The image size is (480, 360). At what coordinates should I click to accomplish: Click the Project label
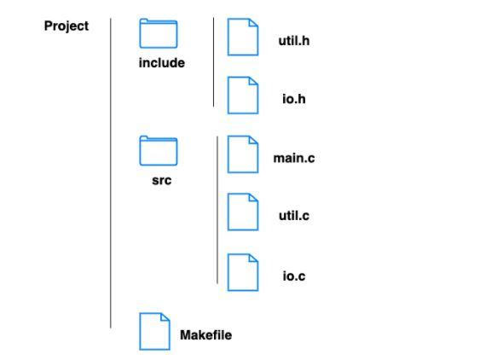[x=67, y=26]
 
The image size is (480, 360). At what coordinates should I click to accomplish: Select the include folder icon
[x=159, y=34]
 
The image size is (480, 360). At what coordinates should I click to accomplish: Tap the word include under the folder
[x=162, y=63]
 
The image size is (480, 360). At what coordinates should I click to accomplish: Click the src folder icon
[x=159, y=151]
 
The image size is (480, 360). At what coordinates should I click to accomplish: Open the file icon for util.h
[x=243, y=38]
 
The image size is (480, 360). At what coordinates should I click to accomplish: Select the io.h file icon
[x=243, y=95]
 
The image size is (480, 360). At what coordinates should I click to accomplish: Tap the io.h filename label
[x=293, y=99]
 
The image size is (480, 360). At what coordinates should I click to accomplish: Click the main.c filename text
[x=294, y=159]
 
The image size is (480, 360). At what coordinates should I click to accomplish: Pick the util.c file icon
[x=243, y=212]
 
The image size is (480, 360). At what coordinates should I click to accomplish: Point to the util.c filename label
[x=294, y=217]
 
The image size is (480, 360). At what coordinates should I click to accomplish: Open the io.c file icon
[x=243, y=272]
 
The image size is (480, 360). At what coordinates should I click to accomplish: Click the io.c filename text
[x=294, y=277]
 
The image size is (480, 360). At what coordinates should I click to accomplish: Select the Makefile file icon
[x=155, y=331]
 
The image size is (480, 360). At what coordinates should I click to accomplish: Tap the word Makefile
[x=205, y=335]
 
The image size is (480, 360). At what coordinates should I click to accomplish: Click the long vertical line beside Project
[x=111, y=171]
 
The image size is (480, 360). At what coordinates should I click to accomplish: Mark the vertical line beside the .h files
[x=213, y=61]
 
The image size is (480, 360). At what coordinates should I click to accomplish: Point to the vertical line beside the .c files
[x=218, y=209]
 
